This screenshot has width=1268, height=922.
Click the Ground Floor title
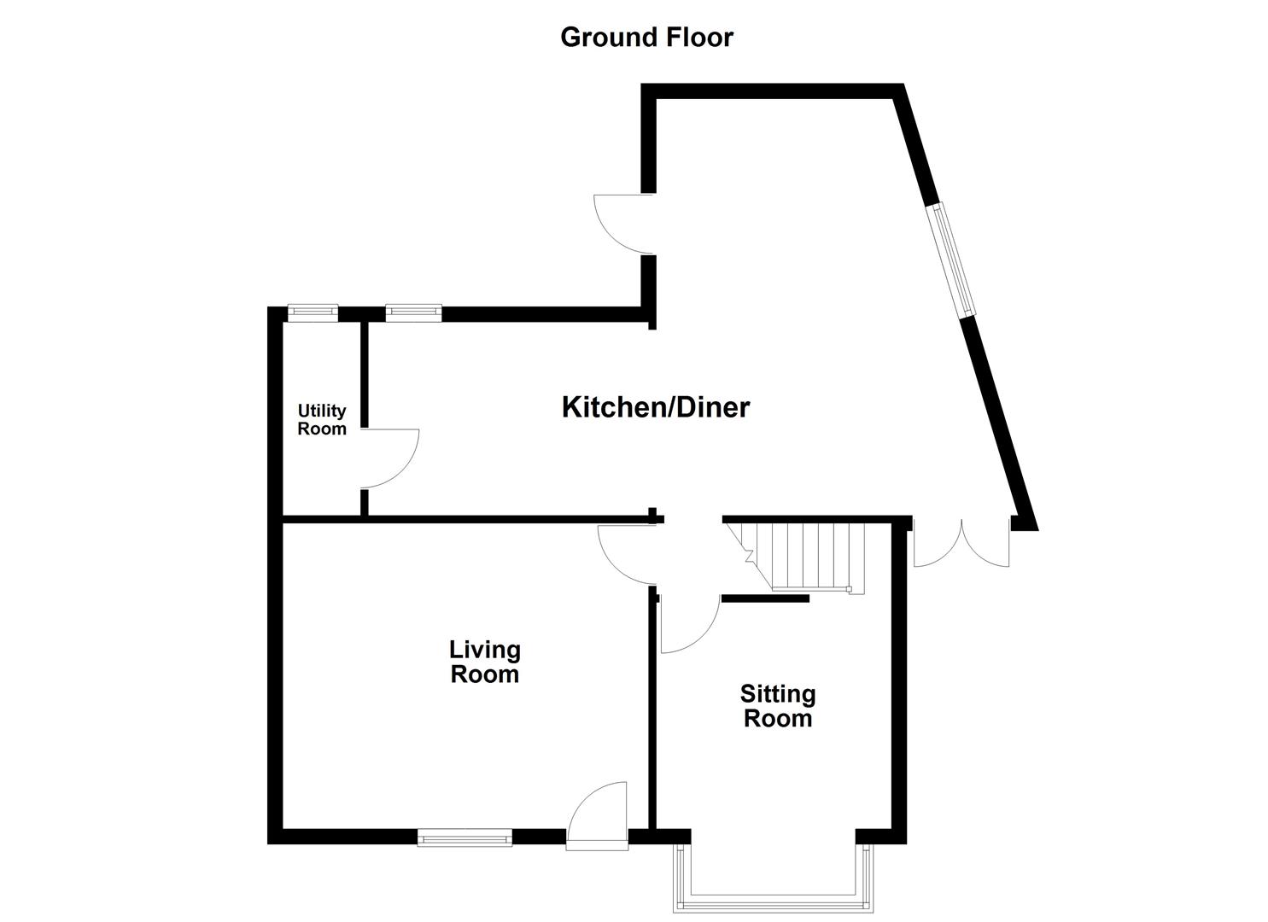pyautogui.click(x=646, y=38)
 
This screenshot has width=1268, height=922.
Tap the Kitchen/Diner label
pyautogui.click(x=655, y=407)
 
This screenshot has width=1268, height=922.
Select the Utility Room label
pyautogui.click(x=322, y=420)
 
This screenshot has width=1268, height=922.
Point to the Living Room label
pyautogui.click(x=484, y=662)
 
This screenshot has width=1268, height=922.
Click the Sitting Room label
pyautogui.click(x=777, y=706)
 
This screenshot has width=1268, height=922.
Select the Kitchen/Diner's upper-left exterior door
pyautogui.click(x=623, y=224)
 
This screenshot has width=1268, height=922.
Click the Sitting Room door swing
pyautogui.click(x=688, y=625)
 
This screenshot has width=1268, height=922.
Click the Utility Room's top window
pyautogui.click(x=313, y=313)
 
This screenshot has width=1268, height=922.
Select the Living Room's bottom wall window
pyautogui.click(x=465, y=837)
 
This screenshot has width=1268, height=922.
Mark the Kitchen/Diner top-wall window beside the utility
pyautogui.click(x=413, y=313)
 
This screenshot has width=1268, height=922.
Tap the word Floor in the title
pyautogui.click(x=698, y=38)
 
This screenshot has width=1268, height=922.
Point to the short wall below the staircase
pyautogui.click(x=765, y=598)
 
